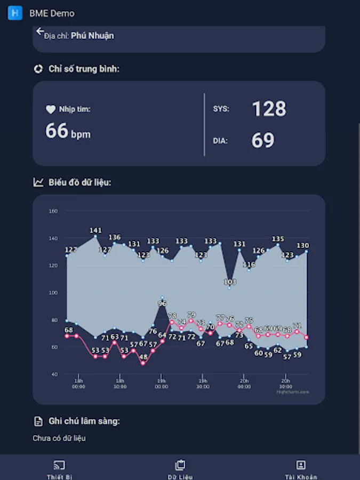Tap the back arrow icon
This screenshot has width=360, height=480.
tap(40, 31)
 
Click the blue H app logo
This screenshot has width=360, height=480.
tap(15, 13)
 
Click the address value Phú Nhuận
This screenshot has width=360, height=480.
tap(92, 36)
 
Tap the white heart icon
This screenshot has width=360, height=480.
tap(51, 109)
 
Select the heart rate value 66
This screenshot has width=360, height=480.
tap(57, 131)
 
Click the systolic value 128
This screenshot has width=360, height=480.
tap(269, 109)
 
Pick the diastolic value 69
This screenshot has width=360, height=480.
tap(263, 140)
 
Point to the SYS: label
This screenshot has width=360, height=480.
tap(221, 109)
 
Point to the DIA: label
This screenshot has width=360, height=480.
tap(220, 141)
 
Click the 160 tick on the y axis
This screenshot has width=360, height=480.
tap(53, 211)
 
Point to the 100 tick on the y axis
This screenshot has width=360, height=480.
tap(53, 293)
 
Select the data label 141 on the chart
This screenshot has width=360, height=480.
tap(95, 230)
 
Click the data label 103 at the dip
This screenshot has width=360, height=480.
tap(230, 282)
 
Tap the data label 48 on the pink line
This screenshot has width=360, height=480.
tap(143, 357)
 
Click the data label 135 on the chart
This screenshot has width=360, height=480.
tap(278, 239)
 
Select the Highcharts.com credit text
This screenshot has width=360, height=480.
tap(293, 392)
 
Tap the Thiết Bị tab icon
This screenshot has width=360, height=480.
tap(59, 465)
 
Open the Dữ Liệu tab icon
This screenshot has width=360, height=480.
tap(180, 465)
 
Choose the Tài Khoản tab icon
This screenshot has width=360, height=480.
tap(301, 465)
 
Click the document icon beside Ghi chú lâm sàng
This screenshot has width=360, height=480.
tap(38, 421)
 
